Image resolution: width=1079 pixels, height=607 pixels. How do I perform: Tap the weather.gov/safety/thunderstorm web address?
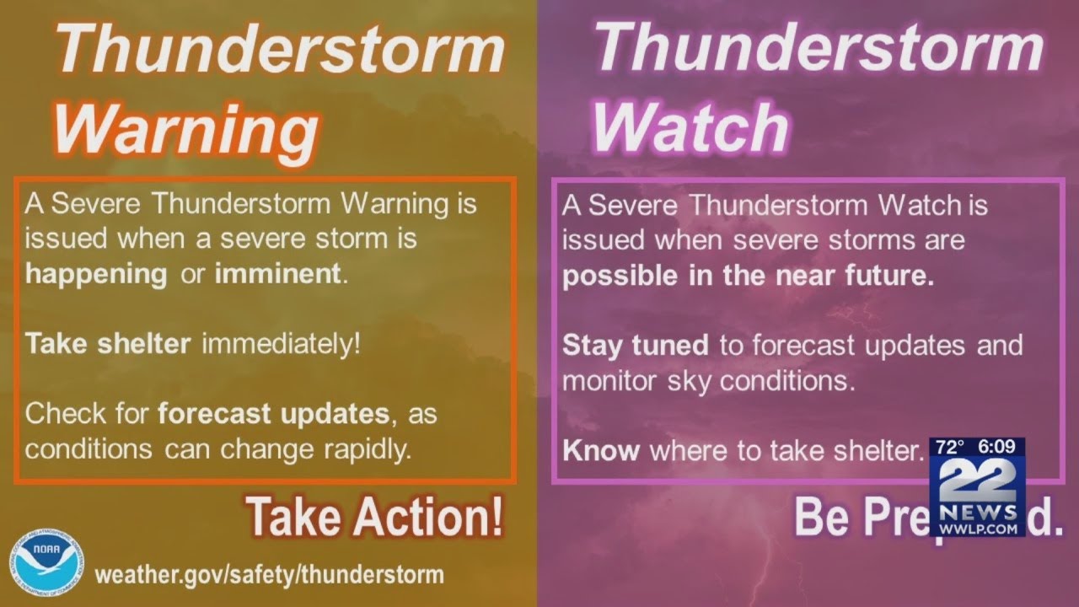click(269, 575)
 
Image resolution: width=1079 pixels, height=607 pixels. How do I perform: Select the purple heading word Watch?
click(690, 126)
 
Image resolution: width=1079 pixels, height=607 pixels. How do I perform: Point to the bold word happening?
click(95, 274)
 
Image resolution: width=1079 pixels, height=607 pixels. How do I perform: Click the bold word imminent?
click(278, 274)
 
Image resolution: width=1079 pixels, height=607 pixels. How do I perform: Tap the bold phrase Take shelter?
click(108, 344)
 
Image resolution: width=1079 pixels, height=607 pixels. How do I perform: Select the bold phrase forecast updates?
click(273, 414)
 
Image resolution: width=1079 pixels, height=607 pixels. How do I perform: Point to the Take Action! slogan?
click(375, 517)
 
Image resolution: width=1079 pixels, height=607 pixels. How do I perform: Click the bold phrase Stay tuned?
click(636, 345)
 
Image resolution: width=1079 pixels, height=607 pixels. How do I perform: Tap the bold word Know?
click(601, 450)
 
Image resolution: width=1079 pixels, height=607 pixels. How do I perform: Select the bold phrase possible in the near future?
click(748, 277)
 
